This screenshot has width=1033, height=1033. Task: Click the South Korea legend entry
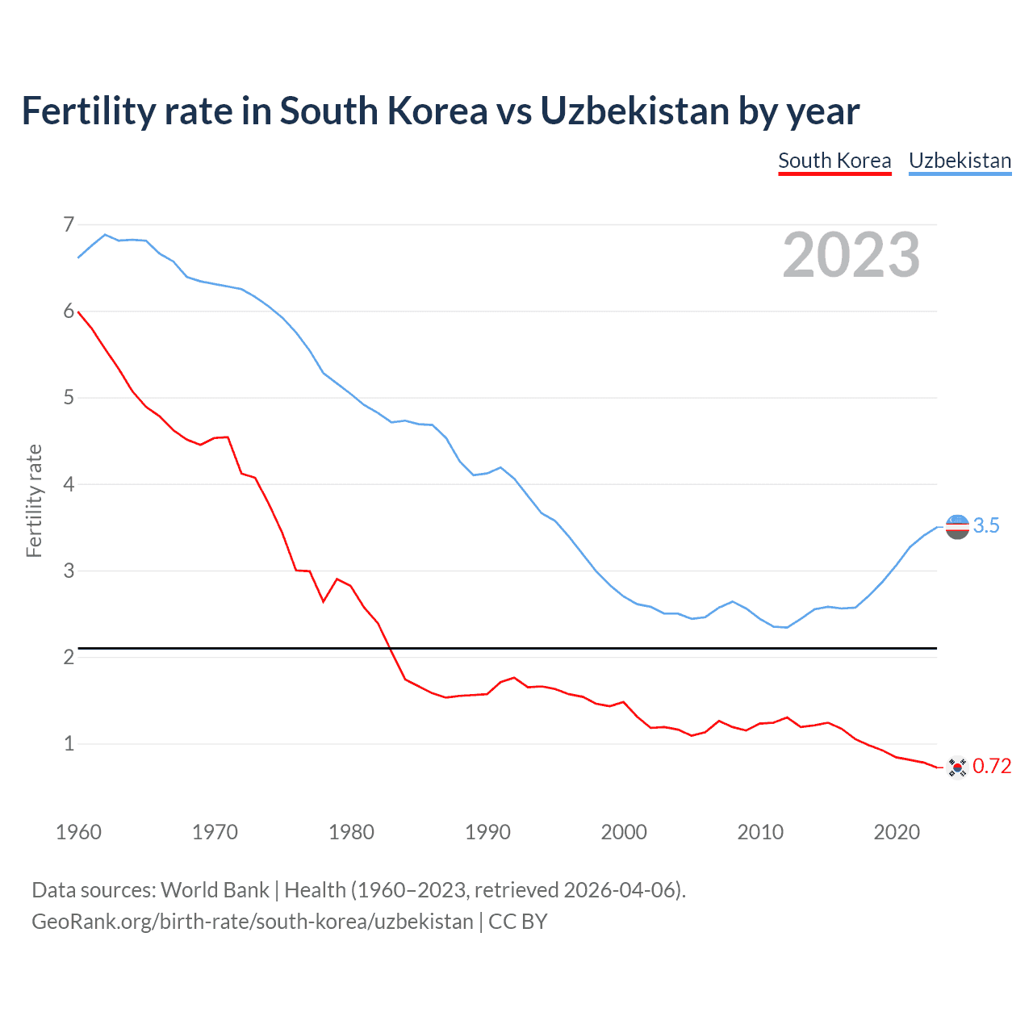pyautogui.click(x=834, y=161)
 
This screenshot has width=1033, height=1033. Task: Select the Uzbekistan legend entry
pyautogui.click(x=960, y=161)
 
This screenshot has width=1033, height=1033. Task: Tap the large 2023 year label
pyautogui.click(x=851, y=255)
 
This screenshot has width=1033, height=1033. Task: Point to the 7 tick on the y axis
pyautogui.click(x=69, y=224)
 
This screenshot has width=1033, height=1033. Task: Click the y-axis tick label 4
pyautogui.click(x=69, y=484)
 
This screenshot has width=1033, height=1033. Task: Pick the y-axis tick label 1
pyautogui.click(x=69, y=743)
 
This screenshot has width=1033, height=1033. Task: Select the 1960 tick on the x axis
pyautogui.click(x=78, y=832)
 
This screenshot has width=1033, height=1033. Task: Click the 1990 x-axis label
pyautogui.click(x=487, y=832)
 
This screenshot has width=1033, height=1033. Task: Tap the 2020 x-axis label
pyautogui.click(x=897, y=832)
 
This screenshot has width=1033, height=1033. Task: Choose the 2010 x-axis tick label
pyautogui.click(x=760, y=832)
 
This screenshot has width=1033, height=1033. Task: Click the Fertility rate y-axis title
pyautogui.click(x=34, y=500)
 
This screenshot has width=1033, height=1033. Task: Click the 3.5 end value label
pyautogui.click(x=986, y=526)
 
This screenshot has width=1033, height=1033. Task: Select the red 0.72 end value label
pyautogui.click(x=992, y=767)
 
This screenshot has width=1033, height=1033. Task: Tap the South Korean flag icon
pyautogui.click(x=957, y=767)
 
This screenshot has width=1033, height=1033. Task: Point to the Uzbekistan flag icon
pyautogui.click(x=957, y=527)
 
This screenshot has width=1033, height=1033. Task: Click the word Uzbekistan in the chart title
pyautogui.click(x=634, y=111)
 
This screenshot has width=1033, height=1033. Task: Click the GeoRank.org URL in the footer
pyautogui.click(x=252, y=922)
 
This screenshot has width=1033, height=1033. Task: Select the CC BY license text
pyautogui.click(x=518, y=922)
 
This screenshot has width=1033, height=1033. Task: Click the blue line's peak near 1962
pyautogui.click(x=105, y=235)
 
